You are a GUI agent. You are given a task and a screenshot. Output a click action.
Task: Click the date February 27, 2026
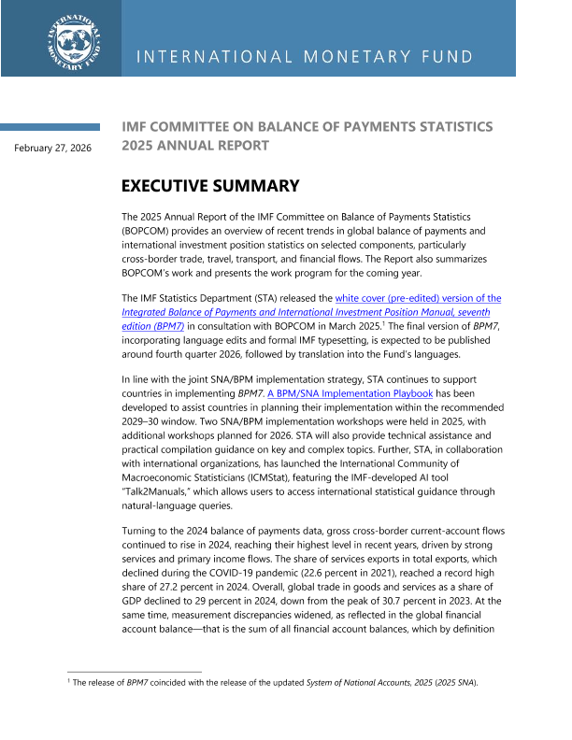[52, 148]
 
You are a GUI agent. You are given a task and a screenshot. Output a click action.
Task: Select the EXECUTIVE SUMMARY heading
[210, 186]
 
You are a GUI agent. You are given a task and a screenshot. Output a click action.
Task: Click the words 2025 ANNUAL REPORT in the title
[195, 146]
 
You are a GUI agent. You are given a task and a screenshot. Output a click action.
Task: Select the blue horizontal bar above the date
[50, 127]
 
